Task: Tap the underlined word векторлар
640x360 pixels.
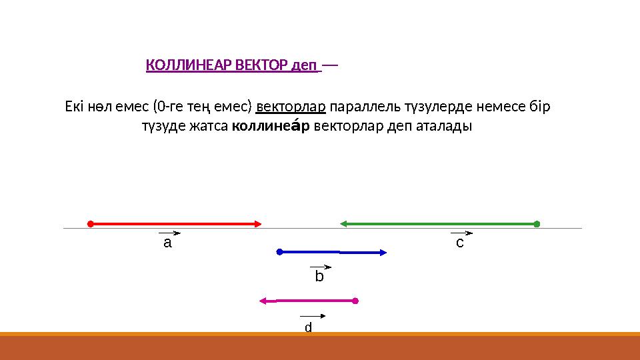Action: coord(291,107)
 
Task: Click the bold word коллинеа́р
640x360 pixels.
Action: coord(270,126)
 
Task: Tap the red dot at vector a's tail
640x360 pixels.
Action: coord(90,224)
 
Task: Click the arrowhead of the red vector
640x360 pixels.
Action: coord(258,224)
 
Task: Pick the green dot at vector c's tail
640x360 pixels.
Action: coord(537,224)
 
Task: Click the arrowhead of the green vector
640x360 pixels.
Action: coord(344,224)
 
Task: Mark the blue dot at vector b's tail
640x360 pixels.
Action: coord(280,252)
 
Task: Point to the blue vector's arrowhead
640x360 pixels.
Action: coord(384,253)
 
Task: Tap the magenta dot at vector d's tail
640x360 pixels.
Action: coord(355,301)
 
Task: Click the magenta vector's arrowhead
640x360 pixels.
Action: coord(263,301)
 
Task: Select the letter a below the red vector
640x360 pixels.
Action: coord(167,243)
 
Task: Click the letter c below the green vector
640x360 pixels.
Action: coord(459,243)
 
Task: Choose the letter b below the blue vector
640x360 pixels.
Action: coord(319,276)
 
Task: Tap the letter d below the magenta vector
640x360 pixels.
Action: coord(308,327)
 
